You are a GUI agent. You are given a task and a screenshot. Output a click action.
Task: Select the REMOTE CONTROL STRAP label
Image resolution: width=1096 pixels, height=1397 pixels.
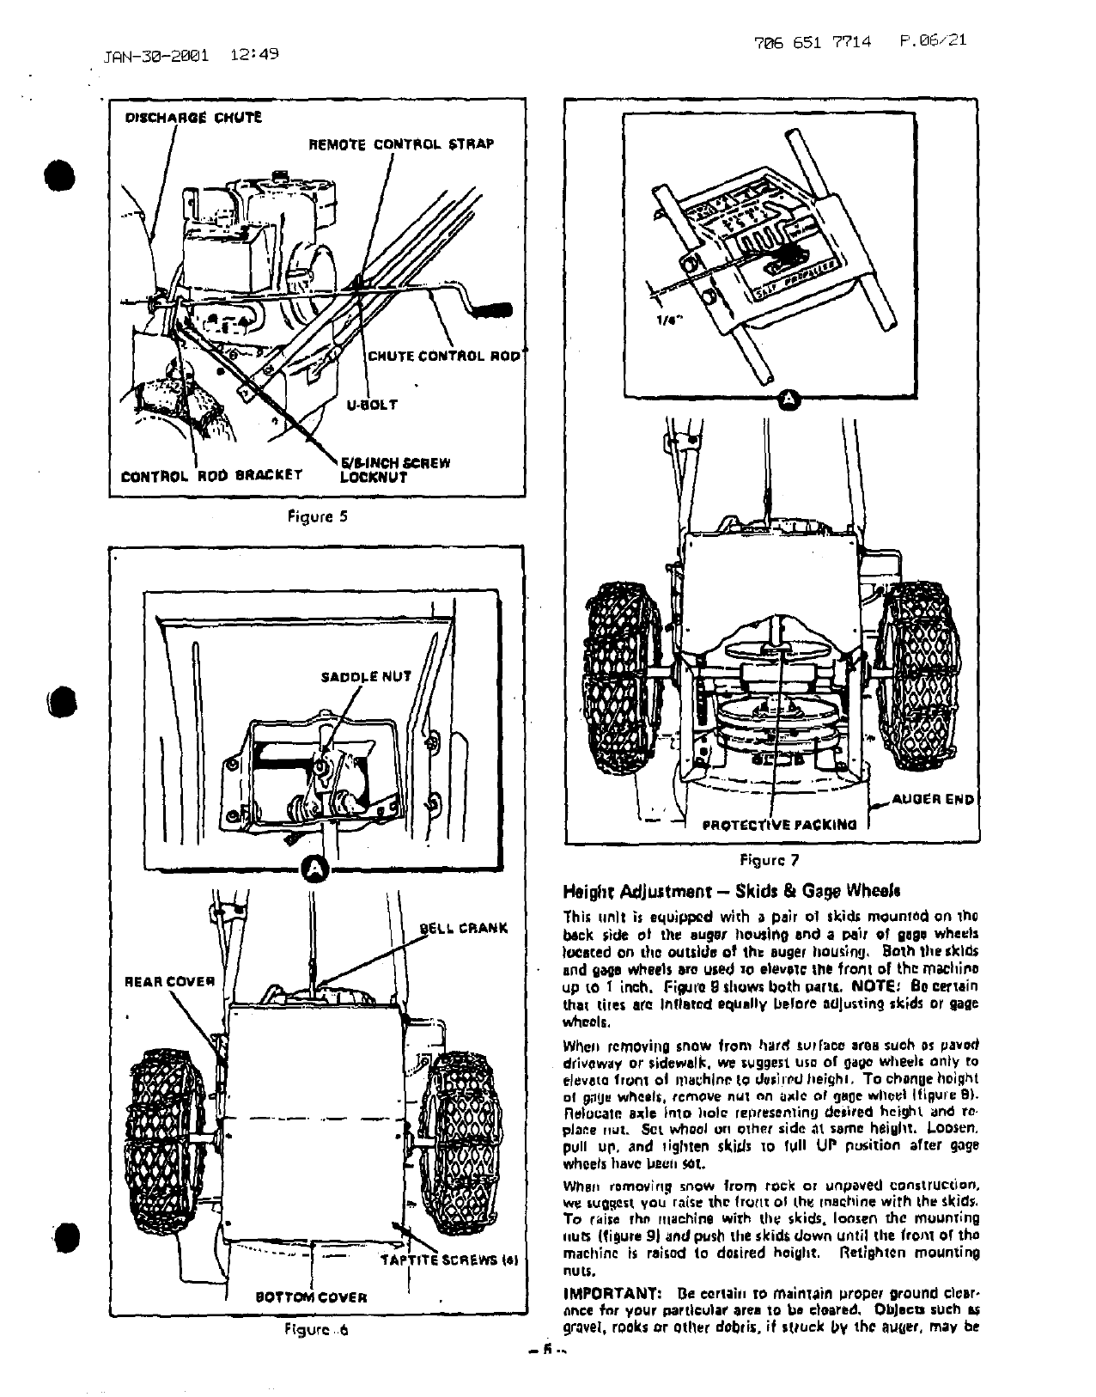coord(401,143)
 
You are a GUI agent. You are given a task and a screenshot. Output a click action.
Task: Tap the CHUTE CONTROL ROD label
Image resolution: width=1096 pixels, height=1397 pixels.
coord(444,357)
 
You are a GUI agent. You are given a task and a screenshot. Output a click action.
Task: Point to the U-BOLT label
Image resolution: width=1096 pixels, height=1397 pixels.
coord(372,404)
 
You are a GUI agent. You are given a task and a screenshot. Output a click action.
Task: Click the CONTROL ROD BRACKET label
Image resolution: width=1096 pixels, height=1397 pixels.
coord(211,473)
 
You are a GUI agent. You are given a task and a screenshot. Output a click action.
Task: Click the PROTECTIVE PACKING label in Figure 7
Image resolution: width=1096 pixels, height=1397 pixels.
coord(779,825)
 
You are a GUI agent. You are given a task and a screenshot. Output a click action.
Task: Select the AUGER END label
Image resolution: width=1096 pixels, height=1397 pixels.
coord(934,799)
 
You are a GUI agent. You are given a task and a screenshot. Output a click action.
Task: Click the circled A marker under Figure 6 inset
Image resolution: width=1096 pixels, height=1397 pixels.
coord(317,869)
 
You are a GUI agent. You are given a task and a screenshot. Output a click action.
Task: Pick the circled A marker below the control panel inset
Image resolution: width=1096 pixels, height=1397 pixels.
coord(791,400)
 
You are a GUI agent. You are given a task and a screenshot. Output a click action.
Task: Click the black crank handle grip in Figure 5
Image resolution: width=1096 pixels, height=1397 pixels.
coord(493,311)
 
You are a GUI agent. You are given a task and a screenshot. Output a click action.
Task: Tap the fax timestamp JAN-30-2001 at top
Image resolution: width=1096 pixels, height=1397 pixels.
coord(155,57)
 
